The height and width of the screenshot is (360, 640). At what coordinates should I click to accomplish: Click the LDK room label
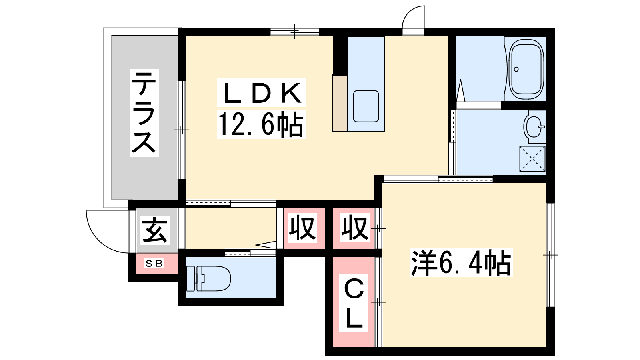click(x=262, y=92)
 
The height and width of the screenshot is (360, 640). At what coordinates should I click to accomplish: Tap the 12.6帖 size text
click(x=261, y=124)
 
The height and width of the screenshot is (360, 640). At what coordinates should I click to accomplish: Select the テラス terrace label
click(x=144, y=112)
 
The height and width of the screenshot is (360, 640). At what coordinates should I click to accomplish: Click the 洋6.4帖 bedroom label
click(x=461, y=262)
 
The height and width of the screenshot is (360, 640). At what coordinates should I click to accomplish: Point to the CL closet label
click(x=354, y=303)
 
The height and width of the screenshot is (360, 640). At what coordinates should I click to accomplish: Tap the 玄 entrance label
click(x=154, y=230)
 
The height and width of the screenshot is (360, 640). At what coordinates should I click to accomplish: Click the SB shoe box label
click(x=154, y=263)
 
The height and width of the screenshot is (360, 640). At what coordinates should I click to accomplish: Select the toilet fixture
click(x=208, y=278)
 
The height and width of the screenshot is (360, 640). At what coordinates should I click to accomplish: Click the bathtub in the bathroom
click(x=527, y=69)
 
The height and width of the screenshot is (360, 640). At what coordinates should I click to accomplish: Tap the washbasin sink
click(x=534, y=127)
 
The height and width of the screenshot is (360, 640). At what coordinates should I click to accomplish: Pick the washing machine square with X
click(x=532, y=159)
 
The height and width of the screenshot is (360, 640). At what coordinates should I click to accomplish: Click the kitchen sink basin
click(x=366, y=106)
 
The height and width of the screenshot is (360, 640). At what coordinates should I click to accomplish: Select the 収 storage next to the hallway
click(x=302, y=228)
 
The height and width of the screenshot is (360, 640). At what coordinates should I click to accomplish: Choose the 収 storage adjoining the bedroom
click(x=354, y=228)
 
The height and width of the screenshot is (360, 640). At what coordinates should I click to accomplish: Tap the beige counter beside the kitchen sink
click(x=340, y=103)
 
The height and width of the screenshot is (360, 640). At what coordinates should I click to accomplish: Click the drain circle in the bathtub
click(x=516, y=69)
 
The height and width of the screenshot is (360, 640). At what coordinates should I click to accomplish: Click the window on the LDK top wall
click(x=294, y=32)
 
